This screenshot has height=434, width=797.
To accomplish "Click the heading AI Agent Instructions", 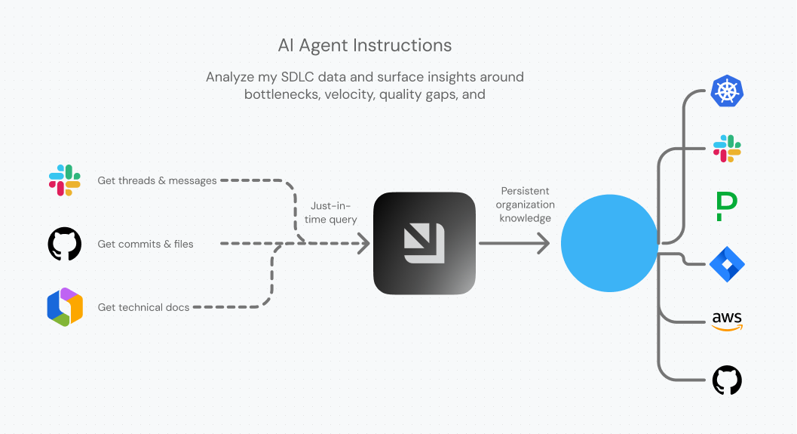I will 365,45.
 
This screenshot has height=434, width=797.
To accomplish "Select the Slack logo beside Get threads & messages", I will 65,180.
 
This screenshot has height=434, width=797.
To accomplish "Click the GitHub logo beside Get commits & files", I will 65,244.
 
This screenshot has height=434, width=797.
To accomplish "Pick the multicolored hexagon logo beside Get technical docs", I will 65,307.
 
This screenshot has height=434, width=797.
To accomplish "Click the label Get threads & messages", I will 157,180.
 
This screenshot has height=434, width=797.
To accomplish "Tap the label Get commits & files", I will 146,244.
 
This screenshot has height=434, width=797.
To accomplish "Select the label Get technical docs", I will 143,307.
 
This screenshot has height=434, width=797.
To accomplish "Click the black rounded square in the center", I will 425,244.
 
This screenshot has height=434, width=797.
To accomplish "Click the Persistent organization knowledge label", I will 525,205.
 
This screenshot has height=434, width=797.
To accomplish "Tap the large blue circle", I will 609,244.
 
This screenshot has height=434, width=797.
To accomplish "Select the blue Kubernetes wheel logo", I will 727,91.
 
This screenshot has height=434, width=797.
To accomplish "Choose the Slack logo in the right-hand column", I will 727,148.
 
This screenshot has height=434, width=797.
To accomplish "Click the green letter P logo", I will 726,206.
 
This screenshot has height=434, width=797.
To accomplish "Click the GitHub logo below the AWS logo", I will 727,380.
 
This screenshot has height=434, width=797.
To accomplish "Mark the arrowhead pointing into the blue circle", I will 543,244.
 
